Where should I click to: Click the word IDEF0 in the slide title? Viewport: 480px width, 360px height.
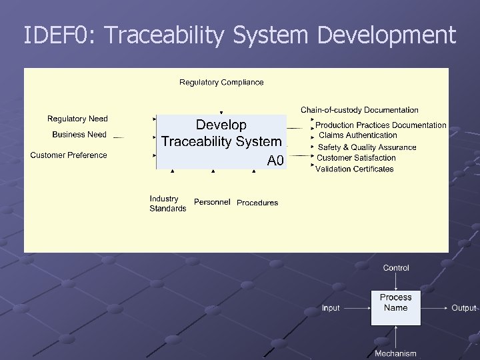coord(59,35)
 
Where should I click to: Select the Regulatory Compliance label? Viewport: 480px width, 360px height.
coord(221,83)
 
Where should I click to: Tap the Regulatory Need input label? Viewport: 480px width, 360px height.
coord(77,119)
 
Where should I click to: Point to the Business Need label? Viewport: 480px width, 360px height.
coord(79,135)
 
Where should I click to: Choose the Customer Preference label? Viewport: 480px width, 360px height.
coord(69,155)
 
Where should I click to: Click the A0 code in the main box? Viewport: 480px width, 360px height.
coord(275,161)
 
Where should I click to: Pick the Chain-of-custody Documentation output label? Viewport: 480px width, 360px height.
coord(359,109)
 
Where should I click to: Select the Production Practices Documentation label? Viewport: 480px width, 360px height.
coord(381,125)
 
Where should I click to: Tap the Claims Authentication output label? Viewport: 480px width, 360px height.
coord(358,135)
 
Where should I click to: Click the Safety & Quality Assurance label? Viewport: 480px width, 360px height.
coord(367,147)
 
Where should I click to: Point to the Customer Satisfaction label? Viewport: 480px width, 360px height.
coord(356,158)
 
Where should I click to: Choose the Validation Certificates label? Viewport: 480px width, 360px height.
coord(355,169)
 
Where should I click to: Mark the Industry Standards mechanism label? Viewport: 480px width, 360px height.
coord(167,203)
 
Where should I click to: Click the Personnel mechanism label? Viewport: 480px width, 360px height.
coord(212,202)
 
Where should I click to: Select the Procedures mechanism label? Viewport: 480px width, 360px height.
coord(257,203)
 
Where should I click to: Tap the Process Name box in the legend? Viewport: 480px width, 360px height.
coord(395,303)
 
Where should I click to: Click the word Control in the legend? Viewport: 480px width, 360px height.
coord(396,268)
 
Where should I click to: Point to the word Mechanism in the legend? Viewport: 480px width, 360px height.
coord(395,353)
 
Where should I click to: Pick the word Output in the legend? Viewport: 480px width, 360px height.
coord(463,308)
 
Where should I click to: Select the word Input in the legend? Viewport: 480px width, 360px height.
coord(331,308)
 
